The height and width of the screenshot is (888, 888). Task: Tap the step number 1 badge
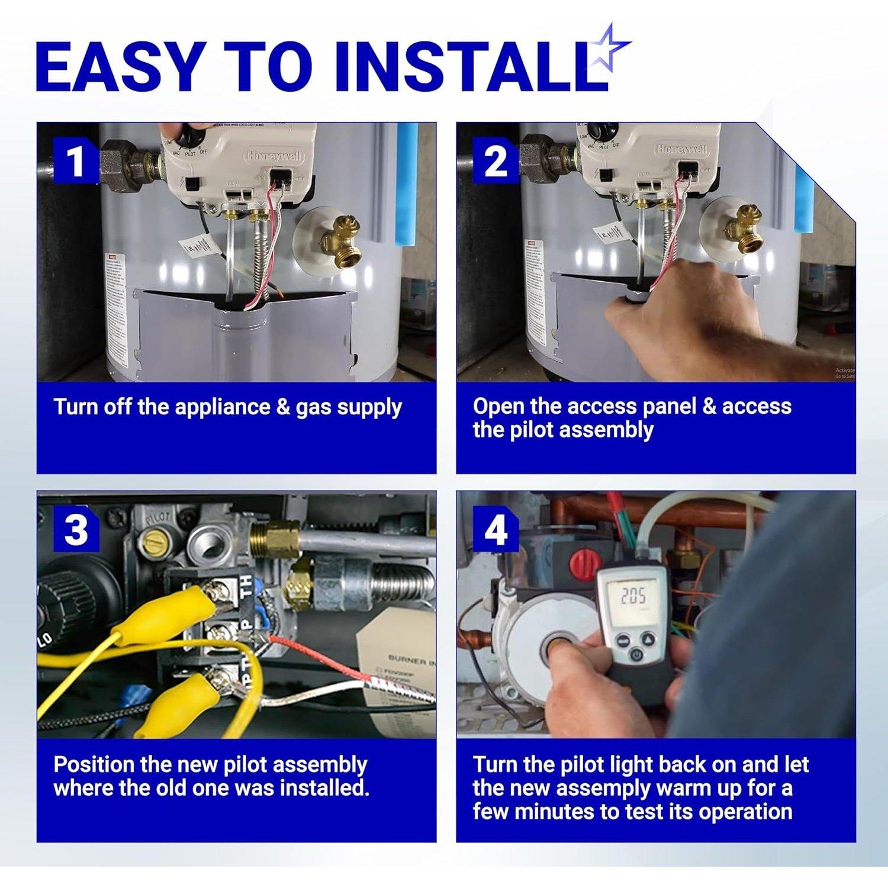pos(75,161)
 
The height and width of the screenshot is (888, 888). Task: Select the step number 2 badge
pos(495,161)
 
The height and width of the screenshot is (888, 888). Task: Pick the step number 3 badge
pos(76,529)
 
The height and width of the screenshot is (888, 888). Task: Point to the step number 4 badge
pos(495,529)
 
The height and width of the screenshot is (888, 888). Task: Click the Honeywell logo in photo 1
pos(274,156)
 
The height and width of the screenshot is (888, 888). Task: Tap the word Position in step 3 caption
pos(93,765)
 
